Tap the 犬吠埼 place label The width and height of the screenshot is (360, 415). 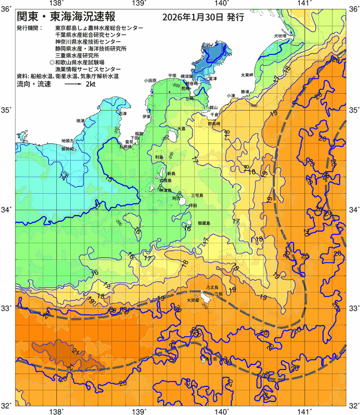coord(280,36)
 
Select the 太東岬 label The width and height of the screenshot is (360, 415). coord(247,75)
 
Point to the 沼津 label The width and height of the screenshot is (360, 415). coord(123,113)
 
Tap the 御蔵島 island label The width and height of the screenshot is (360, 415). coord(204,223)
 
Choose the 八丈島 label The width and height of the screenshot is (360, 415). coord(212,287)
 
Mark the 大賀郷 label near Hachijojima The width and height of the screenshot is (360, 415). coord(192,300)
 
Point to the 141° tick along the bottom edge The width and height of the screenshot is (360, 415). coord(305,410)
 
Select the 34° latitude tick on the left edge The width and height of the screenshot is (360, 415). coord(7,210)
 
